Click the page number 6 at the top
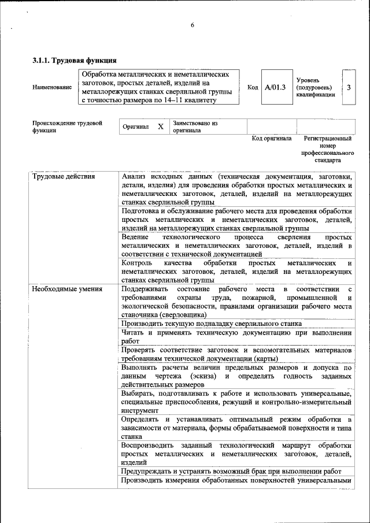[x=192, y=25]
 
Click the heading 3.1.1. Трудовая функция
[x=75, y=60]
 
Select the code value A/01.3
[x=275, y=87]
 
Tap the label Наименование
[x=52, y=87]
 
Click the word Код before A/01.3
[x=253, y=87]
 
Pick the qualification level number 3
[x=349, y=87]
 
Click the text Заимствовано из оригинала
[x=194, y=127]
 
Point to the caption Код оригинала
[x=272, y=139]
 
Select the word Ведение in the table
[x=135, y=238]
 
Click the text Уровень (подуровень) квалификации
[x=315, y=87]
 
